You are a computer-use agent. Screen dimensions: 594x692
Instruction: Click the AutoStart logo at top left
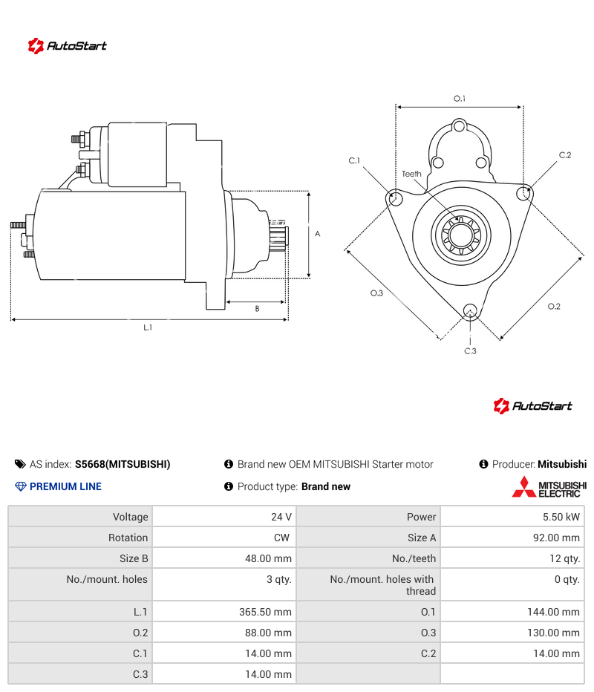[x=67, y=46]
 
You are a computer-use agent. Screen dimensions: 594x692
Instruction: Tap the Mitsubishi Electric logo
[x=549, y=487]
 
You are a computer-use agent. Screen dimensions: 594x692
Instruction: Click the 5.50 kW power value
[x=561, y=517]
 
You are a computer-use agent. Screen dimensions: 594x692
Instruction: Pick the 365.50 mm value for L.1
[x=265, y=612]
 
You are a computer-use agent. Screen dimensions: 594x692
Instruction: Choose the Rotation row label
[x=128, y=538]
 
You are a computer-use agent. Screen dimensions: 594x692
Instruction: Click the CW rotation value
[x=281, y=538]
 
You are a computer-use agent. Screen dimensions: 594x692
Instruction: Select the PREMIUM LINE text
[x=65, y=486]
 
